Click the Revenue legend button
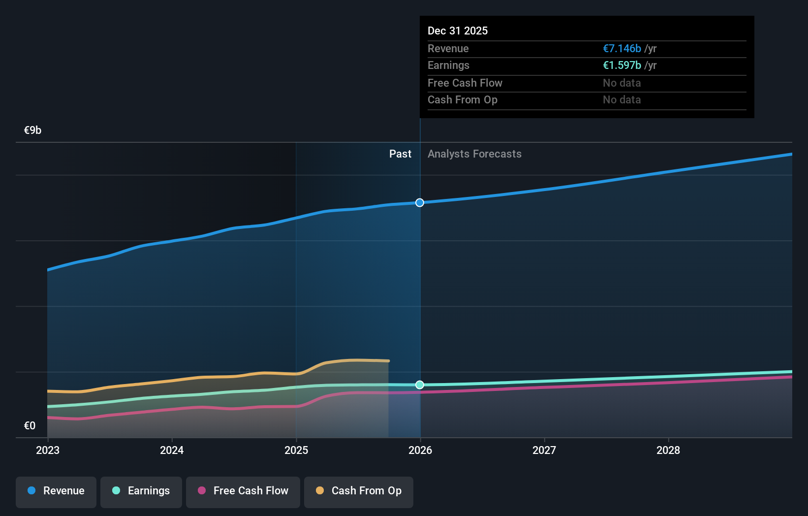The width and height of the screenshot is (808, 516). coord(56,491)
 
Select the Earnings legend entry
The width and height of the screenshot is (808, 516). coord(141,491)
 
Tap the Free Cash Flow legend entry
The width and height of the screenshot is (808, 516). coord(243,491)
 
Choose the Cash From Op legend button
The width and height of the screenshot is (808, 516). coord(359,491)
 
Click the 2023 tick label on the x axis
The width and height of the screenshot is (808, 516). coord(48,451)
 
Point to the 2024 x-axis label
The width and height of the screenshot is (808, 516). coord(172,451)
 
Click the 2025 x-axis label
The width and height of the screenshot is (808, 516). coord(296,451)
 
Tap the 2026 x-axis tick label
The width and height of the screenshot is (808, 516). coord(420,451)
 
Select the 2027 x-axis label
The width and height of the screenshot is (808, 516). coord(544,451)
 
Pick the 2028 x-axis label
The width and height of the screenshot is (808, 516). coord(668,451)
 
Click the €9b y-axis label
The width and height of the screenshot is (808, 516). coord(33,130)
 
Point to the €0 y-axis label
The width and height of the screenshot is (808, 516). coord(30,426)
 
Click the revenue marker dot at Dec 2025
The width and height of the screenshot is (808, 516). coord(420,203)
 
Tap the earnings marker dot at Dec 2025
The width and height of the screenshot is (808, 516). coord(420,385)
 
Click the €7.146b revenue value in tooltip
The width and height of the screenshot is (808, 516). coord(622,49)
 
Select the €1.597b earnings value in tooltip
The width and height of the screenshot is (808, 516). coord(622,65)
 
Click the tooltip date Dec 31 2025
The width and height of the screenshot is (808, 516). coord(458,31)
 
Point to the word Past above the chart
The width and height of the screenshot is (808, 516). coord(400,154)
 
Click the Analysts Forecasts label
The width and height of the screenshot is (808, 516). coord(474,154)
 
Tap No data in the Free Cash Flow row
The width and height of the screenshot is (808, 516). coord(622,83)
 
